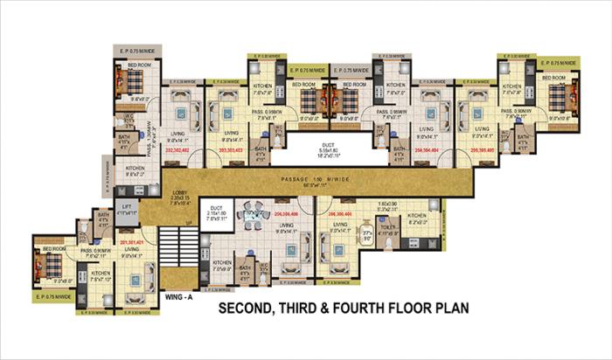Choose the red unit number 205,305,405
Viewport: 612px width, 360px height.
click(487, 149)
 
